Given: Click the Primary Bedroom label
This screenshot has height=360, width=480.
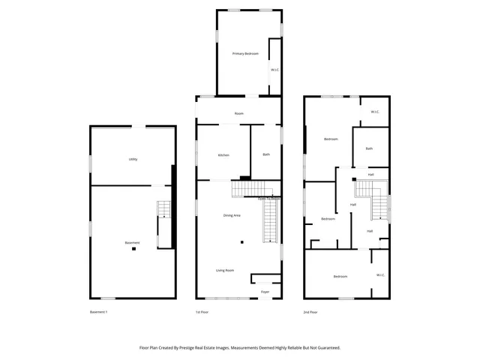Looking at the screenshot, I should click(x=245, y=54).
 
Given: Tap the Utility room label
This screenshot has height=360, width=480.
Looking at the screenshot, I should click(x=133, y=159).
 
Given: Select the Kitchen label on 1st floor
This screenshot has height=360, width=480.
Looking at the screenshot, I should click(x=223, y=155).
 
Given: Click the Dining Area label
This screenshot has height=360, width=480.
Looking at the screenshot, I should click(x=232, y=215).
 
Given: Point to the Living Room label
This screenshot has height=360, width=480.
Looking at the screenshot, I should click(x=225, y=270).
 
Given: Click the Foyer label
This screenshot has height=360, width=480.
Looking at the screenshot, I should click(x=265, y=292).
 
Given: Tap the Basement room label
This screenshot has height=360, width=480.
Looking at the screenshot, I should click(x=132, y=242).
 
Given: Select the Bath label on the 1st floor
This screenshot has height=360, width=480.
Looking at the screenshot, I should click(x=266, y=154).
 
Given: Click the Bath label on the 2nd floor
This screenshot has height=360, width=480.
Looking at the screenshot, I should click(x=369, y=148).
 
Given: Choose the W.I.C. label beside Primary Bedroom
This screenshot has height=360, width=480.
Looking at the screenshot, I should click(x=275, y=70).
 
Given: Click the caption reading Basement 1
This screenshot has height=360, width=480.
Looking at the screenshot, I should click(x=99, y=312).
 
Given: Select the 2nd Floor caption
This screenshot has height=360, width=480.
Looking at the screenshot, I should click(x=310, y=312).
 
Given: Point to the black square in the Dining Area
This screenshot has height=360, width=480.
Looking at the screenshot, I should click(x=242, y=242).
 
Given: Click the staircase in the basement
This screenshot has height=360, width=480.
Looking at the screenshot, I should click(x=163, y=212).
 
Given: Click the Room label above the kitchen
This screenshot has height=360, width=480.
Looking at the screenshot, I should click(x=239, y=113).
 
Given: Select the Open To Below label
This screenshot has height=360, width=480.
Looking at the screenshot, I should click(x=268, y=199).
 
